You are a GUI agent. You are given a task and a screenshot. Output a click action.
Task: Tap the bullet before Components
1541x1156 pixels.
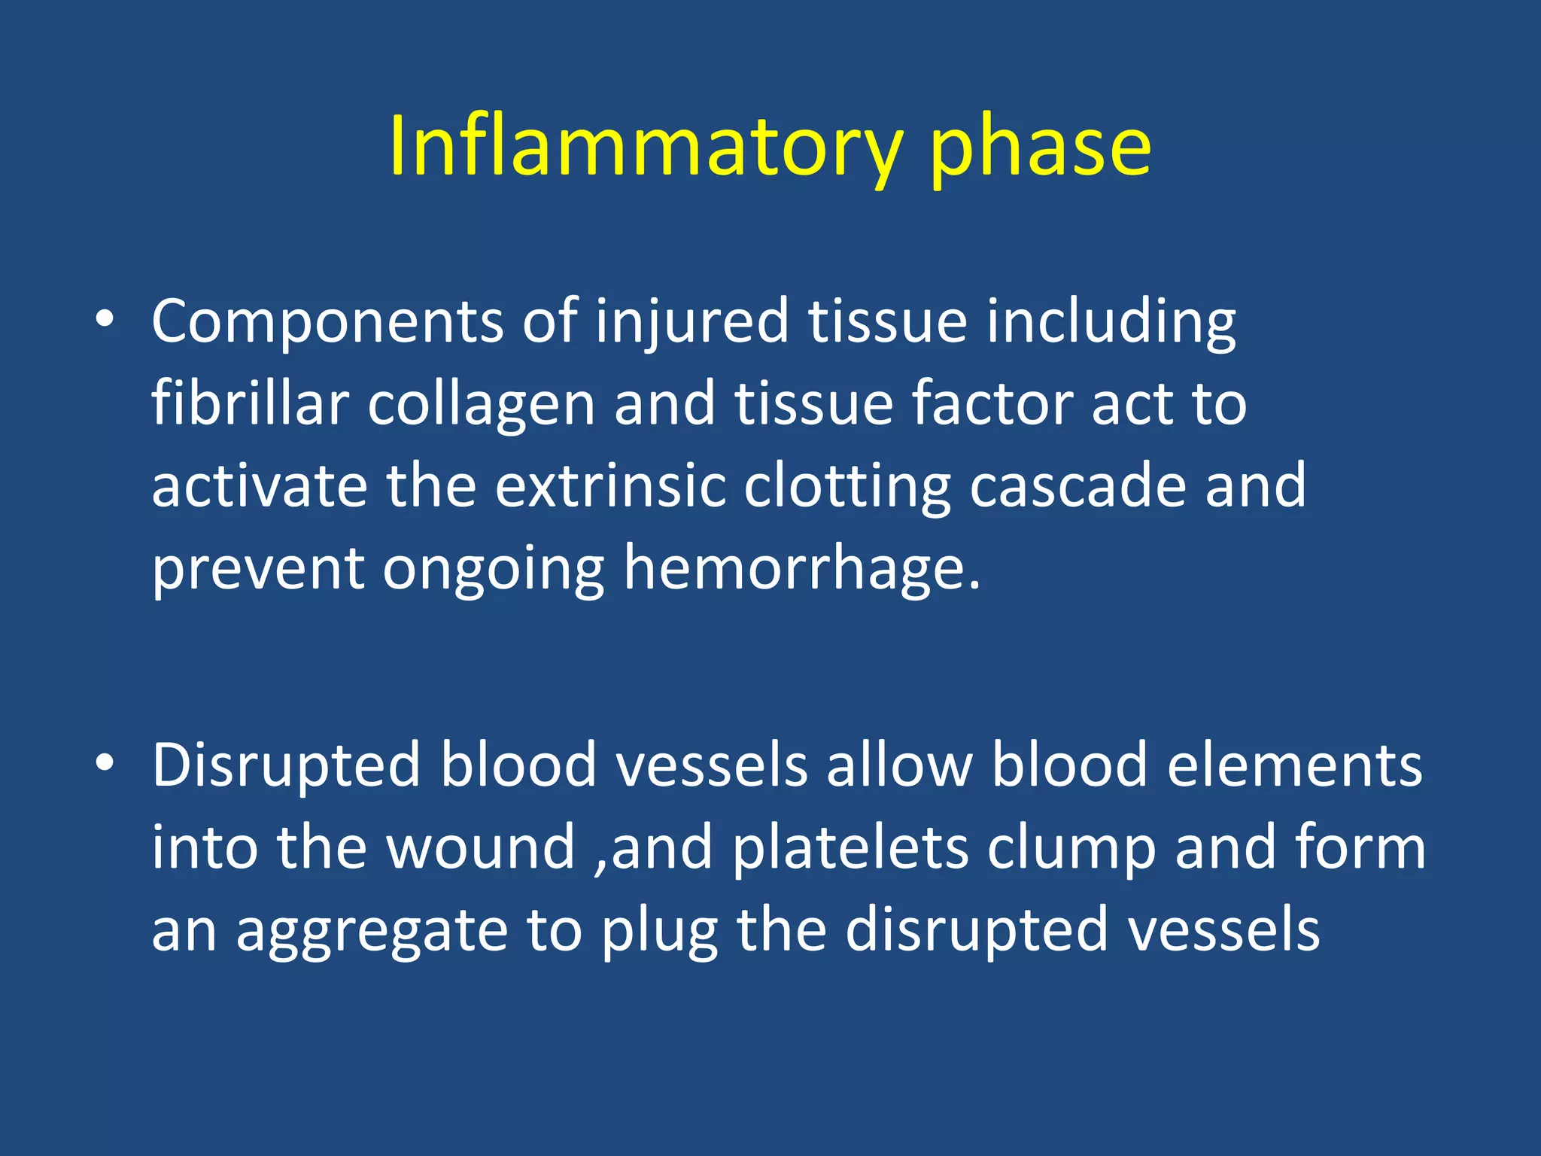point(105,320)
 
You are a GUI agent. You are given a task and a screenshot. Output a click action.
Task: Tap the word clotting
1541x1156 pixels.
point(847,488)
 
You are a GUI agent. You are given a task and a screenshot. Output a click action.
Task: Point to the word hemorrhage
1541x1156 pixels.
point(802,569)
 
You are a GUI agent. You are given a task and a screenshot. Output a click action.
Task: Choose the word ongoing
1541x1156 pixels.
point(494,570)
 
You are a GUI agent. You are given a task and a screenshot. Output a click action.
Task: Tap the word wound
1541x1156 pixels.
point(482,847)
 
